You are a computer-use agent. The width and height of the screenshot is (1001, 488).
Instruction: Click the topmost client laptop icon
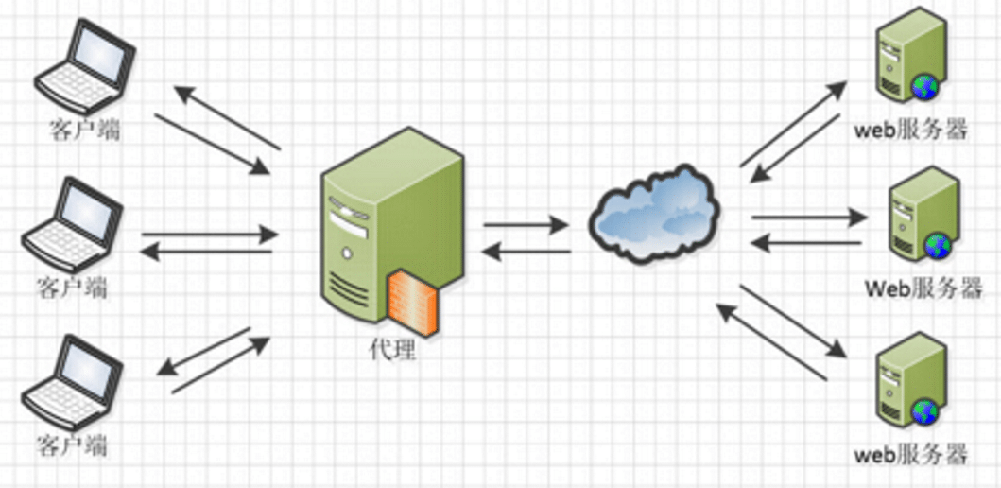79,67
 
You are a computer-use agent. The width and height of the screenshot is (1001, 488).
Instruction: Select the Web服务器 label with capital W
923,288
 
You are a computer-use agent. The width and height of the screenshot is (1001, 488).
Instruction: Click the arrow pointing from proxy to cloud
526,225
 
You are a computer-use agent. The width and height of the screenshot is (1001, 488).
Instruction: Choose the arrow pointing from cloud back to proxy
526,252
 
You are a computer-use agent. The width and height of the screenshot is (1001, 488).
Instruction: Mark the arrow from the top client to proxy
212,145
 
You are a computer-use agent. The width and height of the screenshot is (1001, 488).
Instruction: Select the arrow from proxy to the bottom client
202,349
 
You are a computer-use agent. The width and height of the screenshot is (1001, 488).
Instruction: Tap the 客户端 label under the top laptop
84,130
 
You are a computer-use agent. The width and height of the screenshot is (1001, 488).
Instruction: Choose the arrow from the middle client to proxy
209,233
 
